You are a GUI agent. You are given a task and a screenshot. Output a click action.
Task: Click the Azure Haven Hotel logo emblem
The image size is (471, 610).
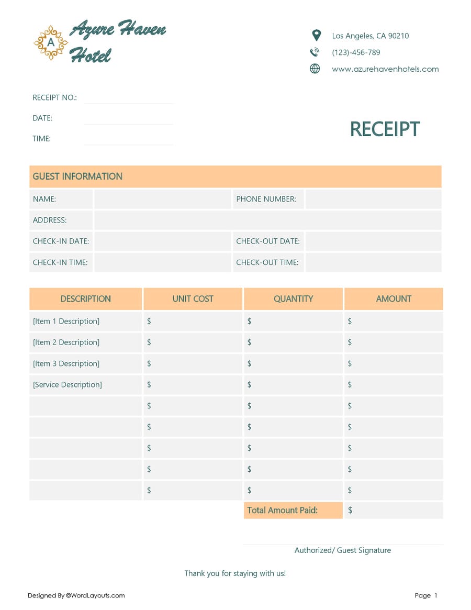point(51,42)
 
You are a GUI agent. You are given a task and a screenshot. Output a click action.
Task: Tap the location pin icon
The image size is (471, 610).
point(316,36)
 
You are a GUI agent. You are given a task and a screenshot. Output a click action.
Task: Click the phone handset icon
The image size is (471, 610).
point(315,52)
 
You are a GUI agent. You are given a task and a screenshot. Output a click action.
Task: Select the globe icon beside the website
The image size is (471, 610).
point(315,69)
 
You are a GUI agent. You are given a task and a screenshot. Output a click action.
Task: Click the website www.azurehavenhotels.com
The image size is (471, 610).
point(385,69)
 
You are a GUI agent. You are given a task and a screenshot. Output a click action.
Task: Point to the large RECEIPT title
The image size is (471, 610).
point(385,129)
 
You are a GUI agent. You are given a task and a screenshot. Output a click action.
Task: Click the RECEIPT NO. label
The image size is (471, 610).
point(54,98)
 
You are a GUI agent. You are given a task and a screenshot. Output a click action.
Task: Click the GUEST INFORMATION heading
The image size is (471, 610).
point(77,176)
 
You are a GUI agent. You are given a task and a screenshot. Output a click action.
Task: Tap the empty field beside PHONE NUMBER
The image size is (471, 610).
point(373,199)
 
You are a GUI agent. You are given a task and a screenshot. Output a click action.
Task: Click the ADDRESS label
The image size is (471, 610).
point(50,220)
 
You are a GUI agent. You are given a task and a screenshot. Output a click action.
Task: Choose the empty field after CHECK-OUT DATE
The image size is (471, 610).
point(373,241)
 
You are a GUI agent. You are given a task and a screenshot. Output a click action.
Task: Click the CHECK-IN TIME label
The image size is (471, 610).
point(60,262)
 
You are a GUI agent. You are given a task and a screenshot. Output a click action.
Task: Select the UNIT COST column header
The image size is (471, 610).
point(193,299)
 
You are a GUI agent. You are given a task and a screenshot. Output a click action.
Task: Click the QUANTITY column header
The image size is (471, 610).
point(293,299)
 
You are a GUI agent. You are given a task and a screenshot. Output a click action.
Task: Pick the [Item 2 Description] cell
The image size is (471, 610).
point(66,342)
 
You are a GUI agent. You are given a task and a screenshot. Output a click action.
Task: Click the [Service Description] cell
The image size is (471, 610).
point(68,385)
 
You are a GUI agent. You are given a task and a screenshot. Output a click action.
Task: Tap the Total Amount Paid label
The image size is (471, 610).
point(283,511)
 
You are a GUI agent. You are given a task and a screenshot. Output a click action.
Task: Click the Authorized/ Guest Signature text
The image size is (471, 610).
point(342,550)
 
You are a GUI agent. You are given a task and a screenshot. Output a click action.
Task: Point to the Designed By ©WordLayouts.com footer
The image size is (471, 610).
point(76,595)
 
